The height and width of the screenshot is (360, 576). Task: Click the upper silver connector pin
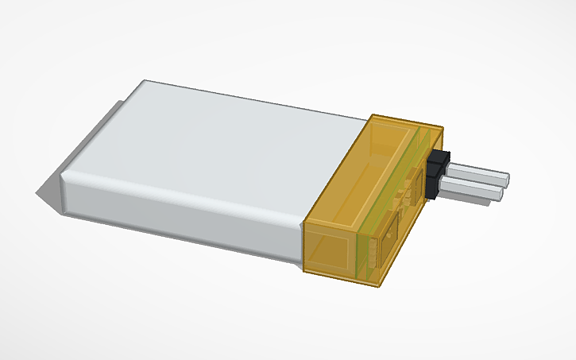481,174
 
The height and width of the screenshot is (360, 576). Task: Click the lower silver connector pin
473,188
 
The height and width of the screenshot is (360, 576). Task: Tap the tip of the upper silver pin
506,179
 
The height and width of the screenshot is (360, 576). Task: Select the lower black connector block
433,186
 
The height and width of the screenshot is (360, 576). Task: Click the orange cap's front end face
329,250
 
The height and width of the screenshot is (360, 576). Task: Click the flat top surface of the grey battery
222,143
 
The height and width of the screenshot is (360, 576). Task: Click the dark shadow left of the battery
43,194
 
